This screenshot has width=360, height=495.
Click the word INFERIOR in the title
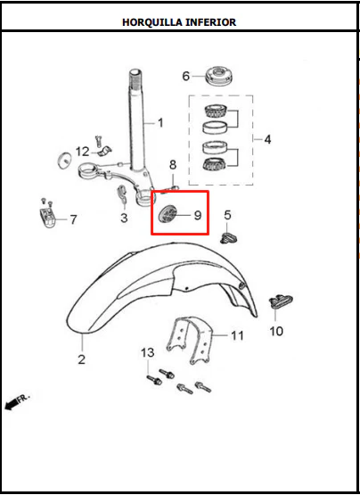coord(210,22)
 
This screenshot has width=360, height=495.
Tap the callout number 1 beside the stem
coord(160,123)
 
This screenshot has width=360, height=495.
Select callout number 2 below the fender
coord(81,359)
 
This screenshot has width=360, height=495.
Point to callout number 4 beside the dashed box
coord(267,139)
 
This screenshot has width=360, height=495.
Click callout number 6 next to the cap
coord(186,76)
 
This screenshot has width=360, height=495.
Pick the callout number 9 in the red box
coord(198,215)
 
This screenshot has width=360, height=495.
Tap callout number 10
coord(276,331)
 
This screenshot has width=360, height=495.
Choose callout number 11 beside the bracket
coord(237,335)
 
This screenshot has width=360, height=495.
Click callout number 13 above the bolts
coord(148,352)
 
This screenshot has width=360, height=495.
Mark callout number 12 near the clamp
coord(83,152)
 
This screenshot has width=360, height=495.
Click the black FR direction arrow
coord(11,404)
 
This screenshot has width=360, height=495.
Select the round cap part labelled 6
coord(219,76)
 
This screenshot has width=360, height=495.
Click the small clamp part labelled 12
coord(105,151)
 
